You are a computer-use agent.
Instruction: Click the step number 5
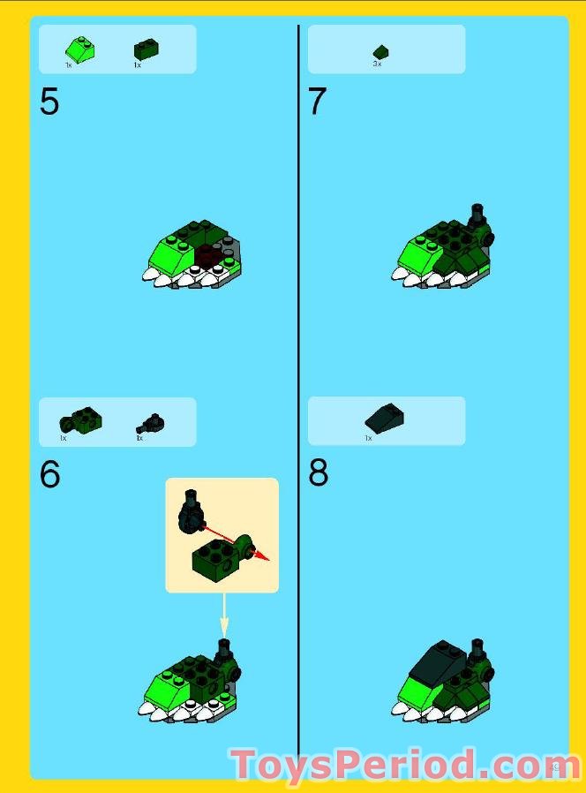49,102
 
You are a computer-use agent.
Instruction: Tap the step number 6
49,475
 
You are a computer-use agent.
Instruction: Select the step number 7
317,102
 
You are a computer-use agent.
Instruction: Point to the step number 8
318,474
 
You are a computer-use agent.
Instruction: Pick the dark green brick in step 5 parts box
146,50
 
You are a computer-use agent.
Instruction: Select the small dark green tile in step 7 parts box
380,51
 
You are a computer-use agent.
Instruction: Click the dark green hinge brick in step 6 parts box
80,421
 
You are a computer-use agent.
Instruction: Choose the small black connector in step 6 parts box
152,423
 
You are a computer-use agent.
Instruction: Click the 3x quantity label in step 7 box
377,64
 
